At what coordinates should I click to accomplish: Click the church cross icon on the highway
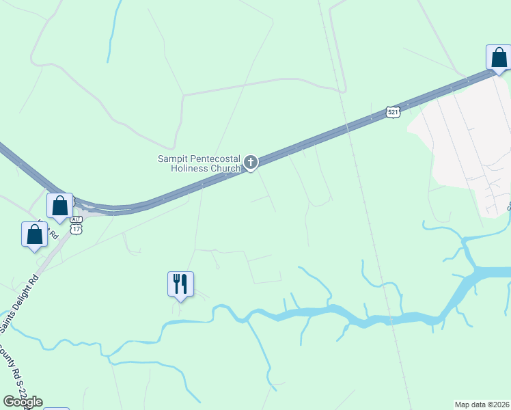pos(251,162)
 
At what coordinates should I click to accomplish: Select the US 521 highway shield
pos(392,111)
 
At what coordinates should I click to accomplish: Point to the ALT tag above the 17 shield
pos(76,219)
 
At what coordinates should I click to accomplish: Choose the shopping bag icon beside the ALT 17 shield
pos(59,205)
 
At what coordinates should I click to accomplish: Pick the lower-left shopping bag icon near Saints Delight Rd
pos(34,234)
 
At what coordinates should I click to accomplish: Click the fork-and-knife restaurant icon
pos(180,284)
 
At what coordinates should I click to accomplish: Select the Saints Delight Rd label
pos(20,297)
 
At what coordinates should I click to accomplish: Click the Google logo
pos(23,402)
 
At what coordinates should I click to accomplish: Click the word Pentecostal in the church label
pos(215,159)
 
